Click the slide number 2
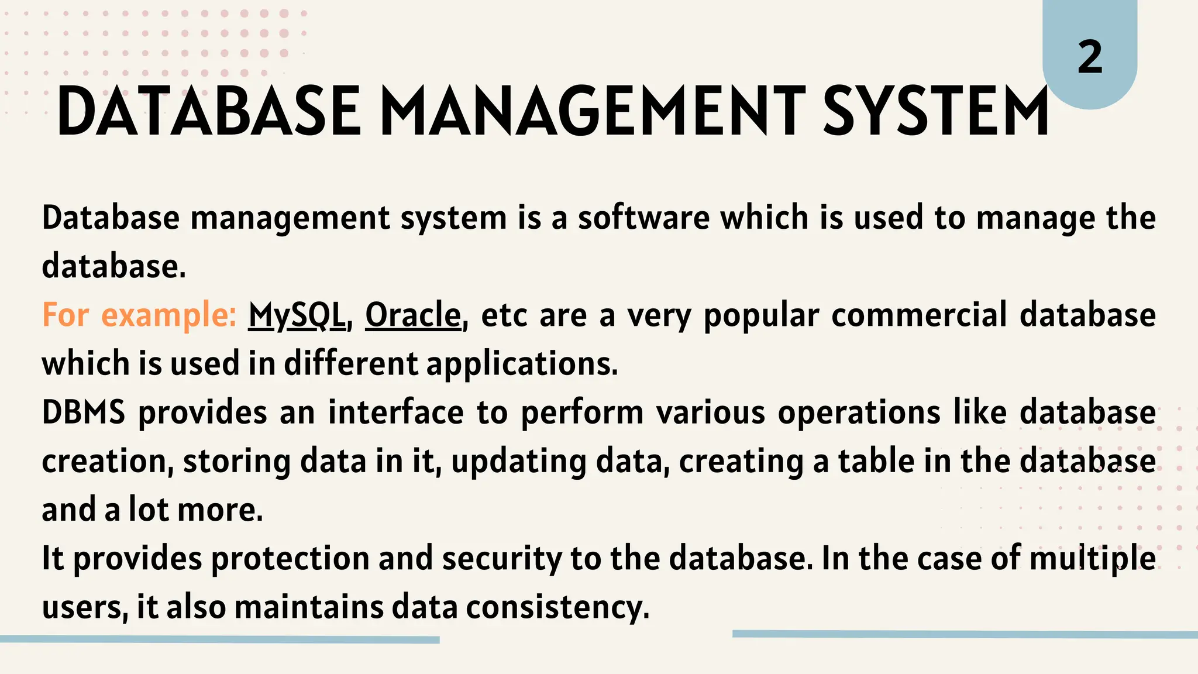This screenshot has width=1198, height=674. pos(1090,58)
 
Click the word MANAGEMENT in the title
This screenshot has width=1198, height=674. pos(593,111)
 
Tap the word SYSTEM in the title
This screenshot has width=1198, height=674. pos(936,111)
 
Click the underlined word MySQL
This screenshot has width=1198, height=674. pos(297,315)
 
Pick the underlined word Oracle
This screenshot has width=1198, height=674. pos(414,315)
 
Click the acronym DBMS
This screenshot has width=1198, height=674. pos(84,412)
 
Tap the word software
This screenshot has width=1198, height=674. pos(643,218)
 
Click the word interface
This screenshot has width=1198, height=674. pos(396,412)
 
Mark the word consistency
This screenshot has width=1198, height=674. pos(557,607)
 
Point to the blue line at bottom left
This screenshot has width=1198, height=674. pos(219,639)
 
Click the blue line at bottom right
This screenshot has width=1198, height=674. pos(965,634)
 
